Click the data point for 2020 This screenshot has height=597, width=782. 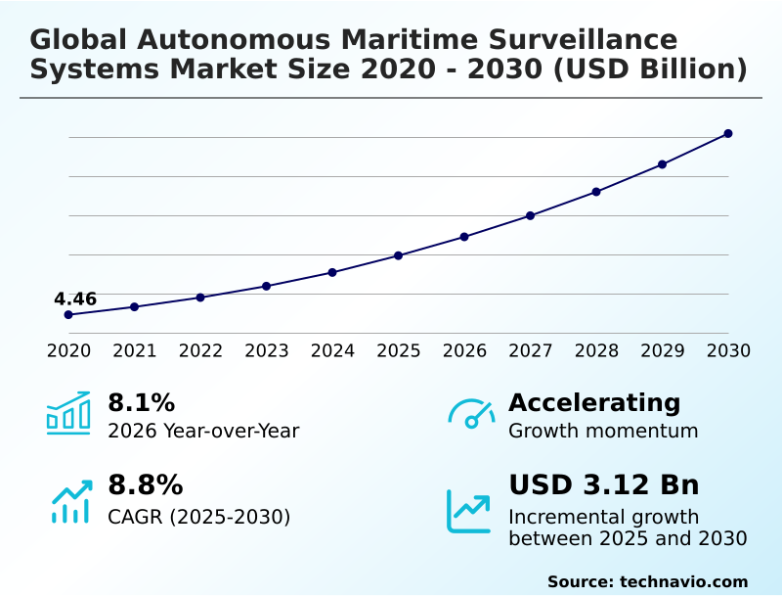coord(68,315)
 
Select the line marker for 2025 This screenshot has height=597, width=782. coord(399,255)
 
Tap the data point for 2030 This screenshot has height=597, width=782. coord(728,133)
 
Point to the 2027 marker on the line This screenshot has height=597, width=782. coord(531,215)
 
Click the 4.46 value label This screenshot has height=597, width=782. coord(75,298)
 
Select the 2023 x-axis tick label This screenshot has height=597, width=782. coord(267,350)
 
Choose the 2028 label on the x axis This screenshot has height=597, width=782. coord(596,350)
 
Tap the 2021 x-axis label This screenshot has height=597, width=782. coord(135,350)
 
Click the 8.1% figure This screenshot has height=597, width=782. coord(141,402)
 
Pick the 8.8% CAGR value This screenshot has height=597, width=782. coord(145,485)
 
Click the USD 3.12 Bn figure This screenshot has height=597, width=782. coord(604,485)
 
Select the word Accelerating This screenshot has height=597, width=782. coord(594,402)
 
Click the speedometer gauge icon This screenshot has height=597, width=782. coord(470,413)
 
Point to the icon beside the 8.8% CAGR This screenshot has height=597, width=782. coord(70,500)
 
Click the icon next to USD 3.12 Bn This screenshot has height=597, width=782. coord(469,510)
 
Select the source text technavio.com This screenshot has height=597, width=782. coord(683,581)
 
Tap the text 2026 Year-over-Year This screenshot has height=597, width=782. coord(203,431)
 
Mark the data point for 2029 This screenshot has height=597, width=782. coord(662,164)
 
